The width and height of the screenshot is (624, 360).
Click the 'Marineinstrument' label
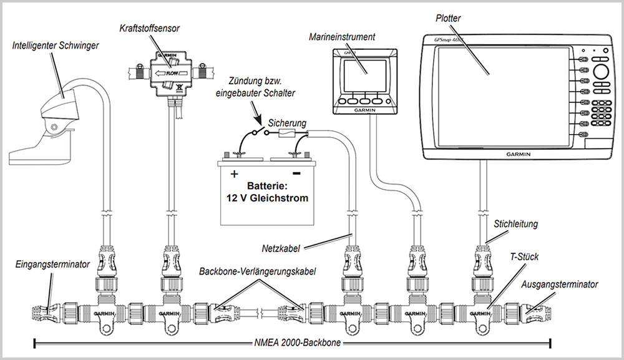click(x=342, y=37)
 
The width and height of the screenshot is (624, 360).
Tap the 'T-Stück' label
click(x=523, y=256)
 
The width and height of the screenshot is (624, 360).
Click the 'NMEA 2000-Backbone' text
click(x=293, y=342)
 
